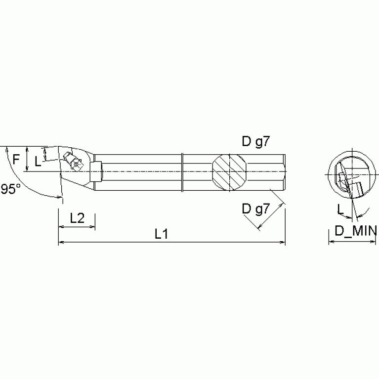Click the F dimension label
16,159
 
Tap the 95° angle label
10,189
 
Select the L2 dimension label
77,218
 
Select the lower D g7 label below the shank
255,209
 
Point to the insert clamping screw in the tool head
76,165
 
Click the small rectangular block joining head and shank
95,171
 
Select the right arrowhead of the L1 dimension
283,243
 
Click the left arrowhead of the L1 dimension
61,243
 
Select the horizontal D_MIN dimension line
352,242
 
